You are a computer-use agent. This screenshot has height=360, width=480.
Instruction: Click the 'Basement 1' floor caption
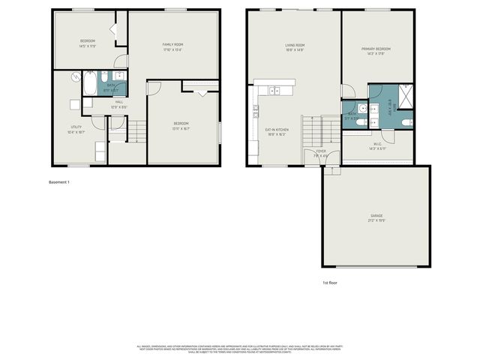58,182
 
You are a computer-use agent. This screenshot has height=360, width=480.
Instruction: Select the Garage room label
376,217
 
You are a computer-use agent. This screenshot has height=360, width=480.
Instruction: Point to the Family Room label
173,47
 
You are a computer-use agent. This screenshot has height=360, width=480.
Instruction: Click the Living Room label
294,47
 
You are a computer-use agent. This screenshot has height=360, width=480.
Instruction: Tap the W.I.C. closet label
377,145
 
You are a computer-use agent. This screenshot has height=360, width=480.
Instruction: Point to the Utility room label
76,129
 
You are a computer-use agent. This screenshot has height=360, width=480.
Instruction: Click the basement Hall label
119,104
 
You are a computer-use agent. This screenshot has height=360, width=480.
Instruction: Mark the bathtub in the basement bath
90,83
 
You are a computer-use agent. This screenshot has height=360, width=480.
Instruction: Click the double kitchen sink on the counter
275,91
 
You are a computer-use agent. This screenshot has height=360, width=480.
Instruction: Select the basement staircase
135,133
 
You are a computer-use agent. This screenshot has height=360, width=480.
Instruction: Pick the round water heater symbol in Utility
76,76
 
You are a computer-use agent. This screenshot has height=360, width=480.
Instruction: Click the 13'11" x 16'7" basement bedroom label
181,125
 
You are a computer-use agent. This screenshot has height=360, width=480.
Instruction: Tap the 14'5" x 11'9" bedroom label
88,43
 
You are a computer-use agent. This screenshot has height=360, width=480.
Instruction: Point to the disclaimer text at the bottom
239,349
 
